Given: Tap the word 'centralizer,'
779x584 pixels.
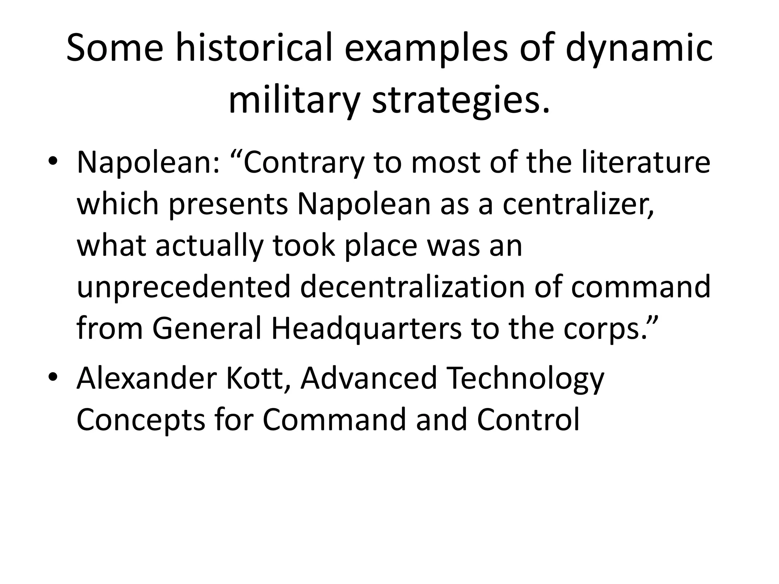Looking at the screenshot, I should (x=578, y=204).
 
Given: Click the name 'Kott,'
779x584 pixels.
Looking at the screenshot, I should (x=259, y=378).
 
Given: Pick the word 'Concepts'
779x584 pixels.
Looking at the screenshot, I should (x=141, y=421).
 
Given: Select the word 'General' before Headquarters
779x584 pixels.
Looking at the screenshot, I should (x=207, y=328).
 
